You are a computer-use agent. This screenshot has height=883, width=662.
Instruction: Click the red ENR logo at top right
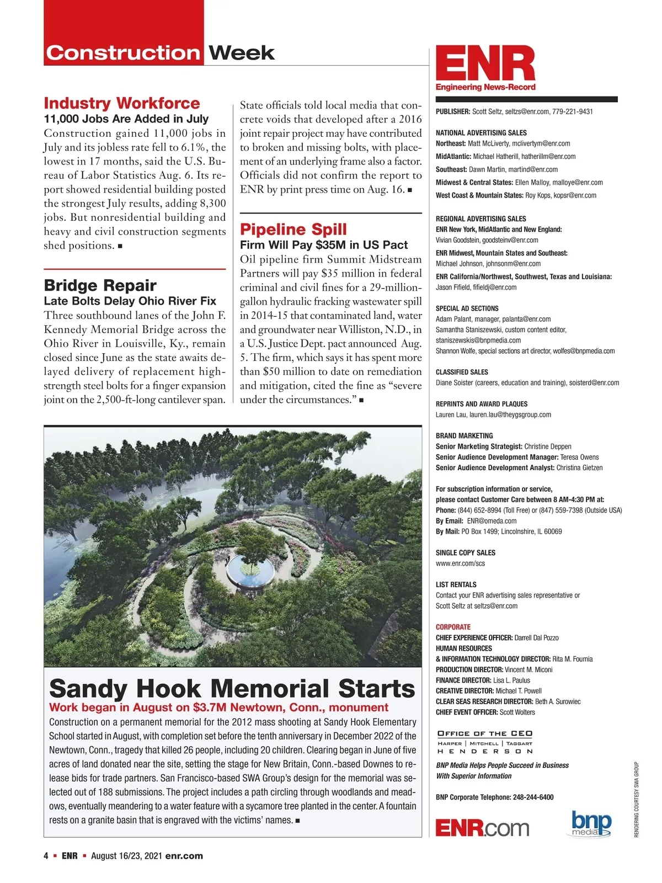(x=485, y=63)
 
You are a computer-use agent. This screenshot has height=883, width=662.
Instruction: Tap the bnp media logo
(x=591, y=824)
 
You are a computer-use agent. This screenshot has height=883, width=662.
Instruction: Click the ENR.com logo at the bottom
(x=482, y=828)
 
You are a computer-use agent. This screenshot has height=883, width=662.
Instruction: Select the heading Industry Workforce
(x=121, y=103)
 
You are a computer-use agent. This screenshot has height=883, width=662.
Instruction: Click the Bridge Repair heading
(x=100, y=285)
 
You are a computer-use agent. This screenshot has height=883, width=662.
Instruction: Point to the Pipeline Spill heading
(x=293, y=229)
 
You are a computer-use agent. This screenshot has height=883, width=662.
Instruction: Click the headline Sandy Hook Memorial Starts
(x=232, y=689)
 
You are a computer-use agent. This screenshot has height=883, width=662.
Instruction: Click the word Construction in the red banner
(x=122, y=53)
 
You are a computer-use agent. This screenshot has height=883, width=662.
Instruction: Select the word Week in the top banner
(x=241, y=53)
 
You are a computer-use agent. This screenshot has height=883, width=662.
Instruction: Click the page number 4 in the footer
(x=46, y=856)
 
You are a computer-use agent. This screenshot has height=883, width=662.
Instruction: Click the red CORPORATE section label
(x=453, y=627)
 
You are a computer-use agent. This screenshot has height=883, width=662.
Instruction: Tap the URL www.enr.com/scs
(x=460, y=563)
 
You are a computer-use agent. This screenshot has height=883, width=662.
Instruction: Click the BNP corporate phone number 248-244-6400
(x=533, y=797)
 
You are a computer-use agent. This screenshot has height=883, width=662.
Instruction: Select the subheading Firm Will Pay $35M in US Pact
(x=323, y=245)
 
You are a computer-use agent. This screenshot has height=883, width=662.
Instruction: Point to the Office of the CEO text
(x=485, y=733)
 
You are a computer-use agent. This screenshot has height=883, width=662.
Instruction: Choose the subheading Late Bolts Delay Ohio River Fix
(x=130, y=301)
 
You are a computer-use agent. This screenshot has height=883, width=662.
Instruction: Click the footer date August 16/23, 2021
(x=126, y=856)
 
